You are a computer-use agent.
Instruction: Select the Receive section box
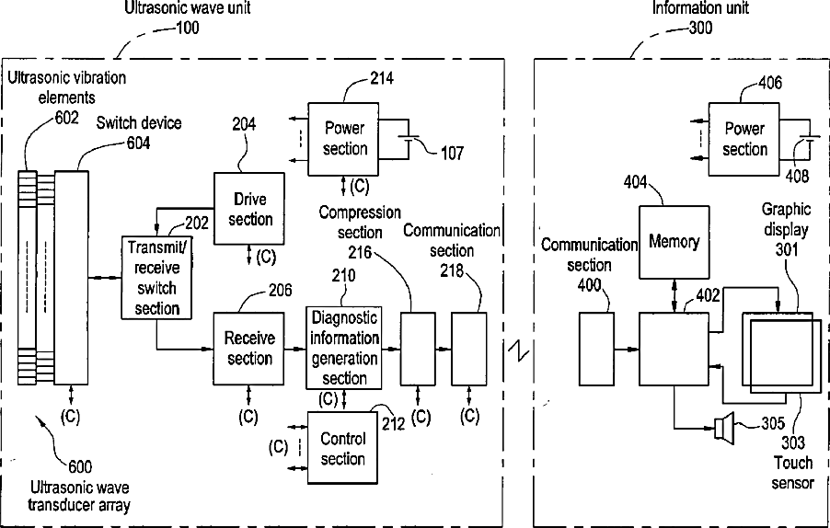pos(248,349)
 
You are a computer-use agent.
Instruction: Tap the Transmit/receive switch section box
pos(156,277)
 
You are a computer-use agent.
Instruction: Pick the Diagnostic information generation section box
pos(344,349)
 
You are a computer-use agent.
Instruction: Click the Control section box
pos(342,448)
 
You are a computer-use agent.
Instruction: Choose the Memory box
pos(674,242)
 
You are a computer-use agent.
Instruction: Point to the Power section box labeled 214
pos(344,138)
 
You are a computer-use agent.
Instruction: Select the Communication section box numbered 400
pos(596,349)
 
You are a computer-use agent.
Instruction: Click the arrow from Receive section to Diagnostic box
pos(295,349)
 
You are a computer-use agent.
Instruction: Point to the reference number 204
pos(244,124)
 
